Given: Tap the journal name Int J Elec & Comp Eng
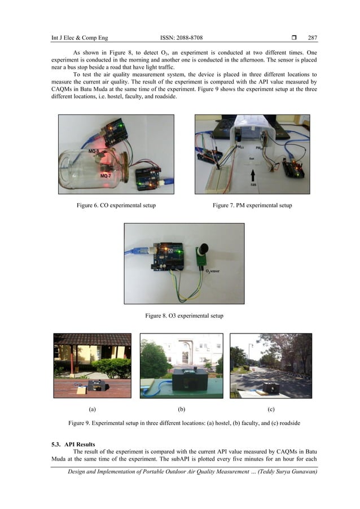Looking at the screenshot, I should click(x=80, y=38).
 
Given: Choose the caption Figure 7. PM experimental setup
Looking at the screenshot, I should click(x=252, y=205).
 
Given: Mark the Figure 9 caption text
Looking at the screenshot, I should click(x=179, y=423).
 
